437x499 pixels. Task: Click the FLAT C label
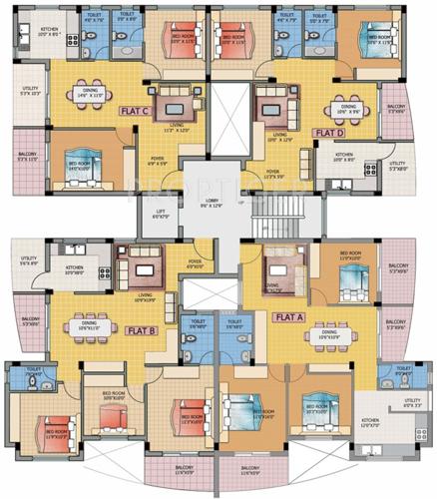pyautogui.click(x=134, y=113)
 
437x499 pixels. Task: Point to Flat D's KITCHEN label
pyautogui.click(x=343, y=156)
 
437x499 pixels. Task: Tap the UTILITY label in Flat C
pyautogui.click(x=28, y=95)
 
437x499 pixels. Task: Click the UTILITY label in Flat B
pyautogui.click(x=27, y=261)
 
